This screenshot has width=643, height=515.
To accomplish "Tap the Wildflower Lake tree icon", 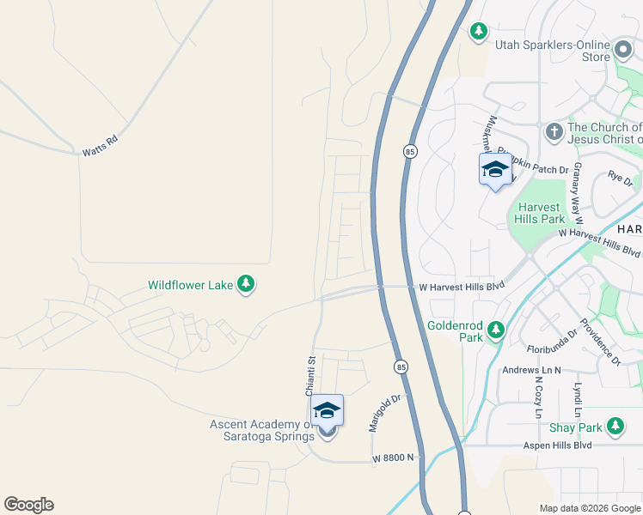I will pos(246,284).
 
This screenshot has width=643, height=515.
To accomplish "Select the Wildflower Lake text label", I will pos(191,285).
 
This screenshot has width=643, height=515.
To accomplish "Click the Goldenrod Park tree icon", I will pos(495,330).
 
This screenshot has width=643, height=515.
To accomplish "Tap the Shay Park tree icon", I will pos(615,427).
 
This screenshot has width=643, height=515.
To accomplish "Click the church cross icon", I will pos(554,132).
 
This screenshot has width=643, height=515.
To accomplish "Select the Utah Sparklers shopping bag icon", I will pos(623,46).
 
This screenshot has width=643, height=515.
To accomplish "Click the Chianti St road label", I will pos(312,375).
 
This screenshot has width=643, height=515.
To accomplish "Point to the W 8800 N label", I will pos(393,459).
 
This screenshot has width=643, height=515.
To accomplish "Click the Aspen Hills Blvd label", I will pos(558,445).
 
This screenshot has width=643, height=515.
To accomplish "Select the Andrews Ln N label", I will pos(531,370).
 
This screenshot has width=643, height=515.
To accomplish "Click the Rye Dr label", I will pos(620,179).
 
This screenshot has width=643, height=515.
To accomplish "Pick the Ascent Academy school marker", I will pos(327,413).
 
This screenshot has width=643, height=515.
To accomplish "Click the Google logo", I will pos(28,505).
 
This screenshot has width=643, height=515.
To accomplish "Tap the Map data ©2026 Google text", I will pos(590,508).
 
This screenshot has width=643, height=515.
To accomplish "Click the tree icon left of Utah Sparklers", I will pos(479,32).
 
